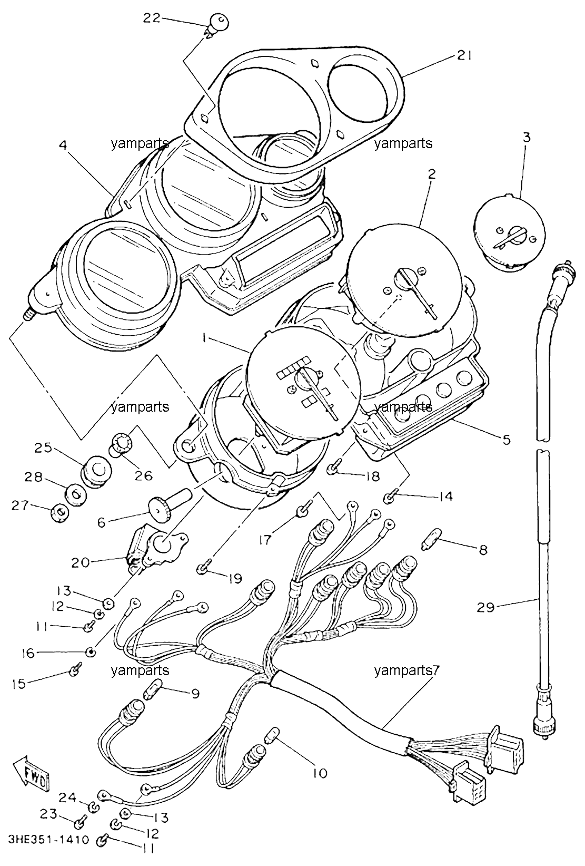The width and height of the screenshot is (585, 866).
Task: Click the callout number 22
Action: tap(152, 18)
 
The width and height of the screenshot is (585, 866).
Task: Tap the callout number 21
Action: tap(464, 56)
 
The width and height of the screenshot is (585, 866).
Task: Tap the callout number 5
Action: tap(506, 440)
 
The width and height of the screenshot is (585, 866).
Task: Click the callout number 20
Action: tap(81, 562)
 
